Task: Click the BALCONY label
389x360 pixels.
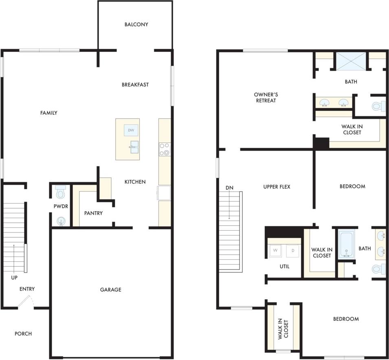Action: click(x=136, y=24)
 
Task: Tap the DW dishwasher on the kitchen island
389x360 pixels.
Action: click(x=131, y=130)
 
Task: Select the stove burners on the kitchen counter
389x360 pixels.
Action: click(x=165, y=149)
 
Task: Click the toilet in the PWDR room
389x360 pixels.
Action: click(x=60, y=192)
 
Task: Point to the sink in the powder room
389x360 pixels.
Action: click(x=61, y=221)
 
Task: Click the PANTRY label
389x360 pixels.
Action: click(x=93, y=213)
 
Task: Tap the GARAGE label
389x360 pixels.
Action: click(x=111, y=290)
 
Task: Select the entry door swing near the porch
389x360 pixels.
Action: click(x=26, y=302)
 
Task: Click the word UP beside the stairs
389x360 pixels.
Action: click(x=14, y=278)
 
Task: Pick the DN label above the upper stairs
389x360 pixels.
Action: click(x=229, y=188)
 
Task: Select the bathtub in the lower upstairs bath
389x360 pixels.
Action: click(x=347, y=243)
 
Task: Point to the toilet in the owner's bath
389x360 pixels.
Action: click(x=378, y=106)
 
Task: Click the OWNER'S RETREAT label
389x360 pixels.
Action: click(x=266, y=97)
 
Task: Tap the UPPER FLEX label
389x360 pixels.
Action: click(x=277, y=187)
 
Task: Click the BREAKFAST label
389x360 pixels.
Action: click(x=135, y=85)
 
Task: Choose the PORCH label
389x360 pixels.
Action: click(x=23, y=334)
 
